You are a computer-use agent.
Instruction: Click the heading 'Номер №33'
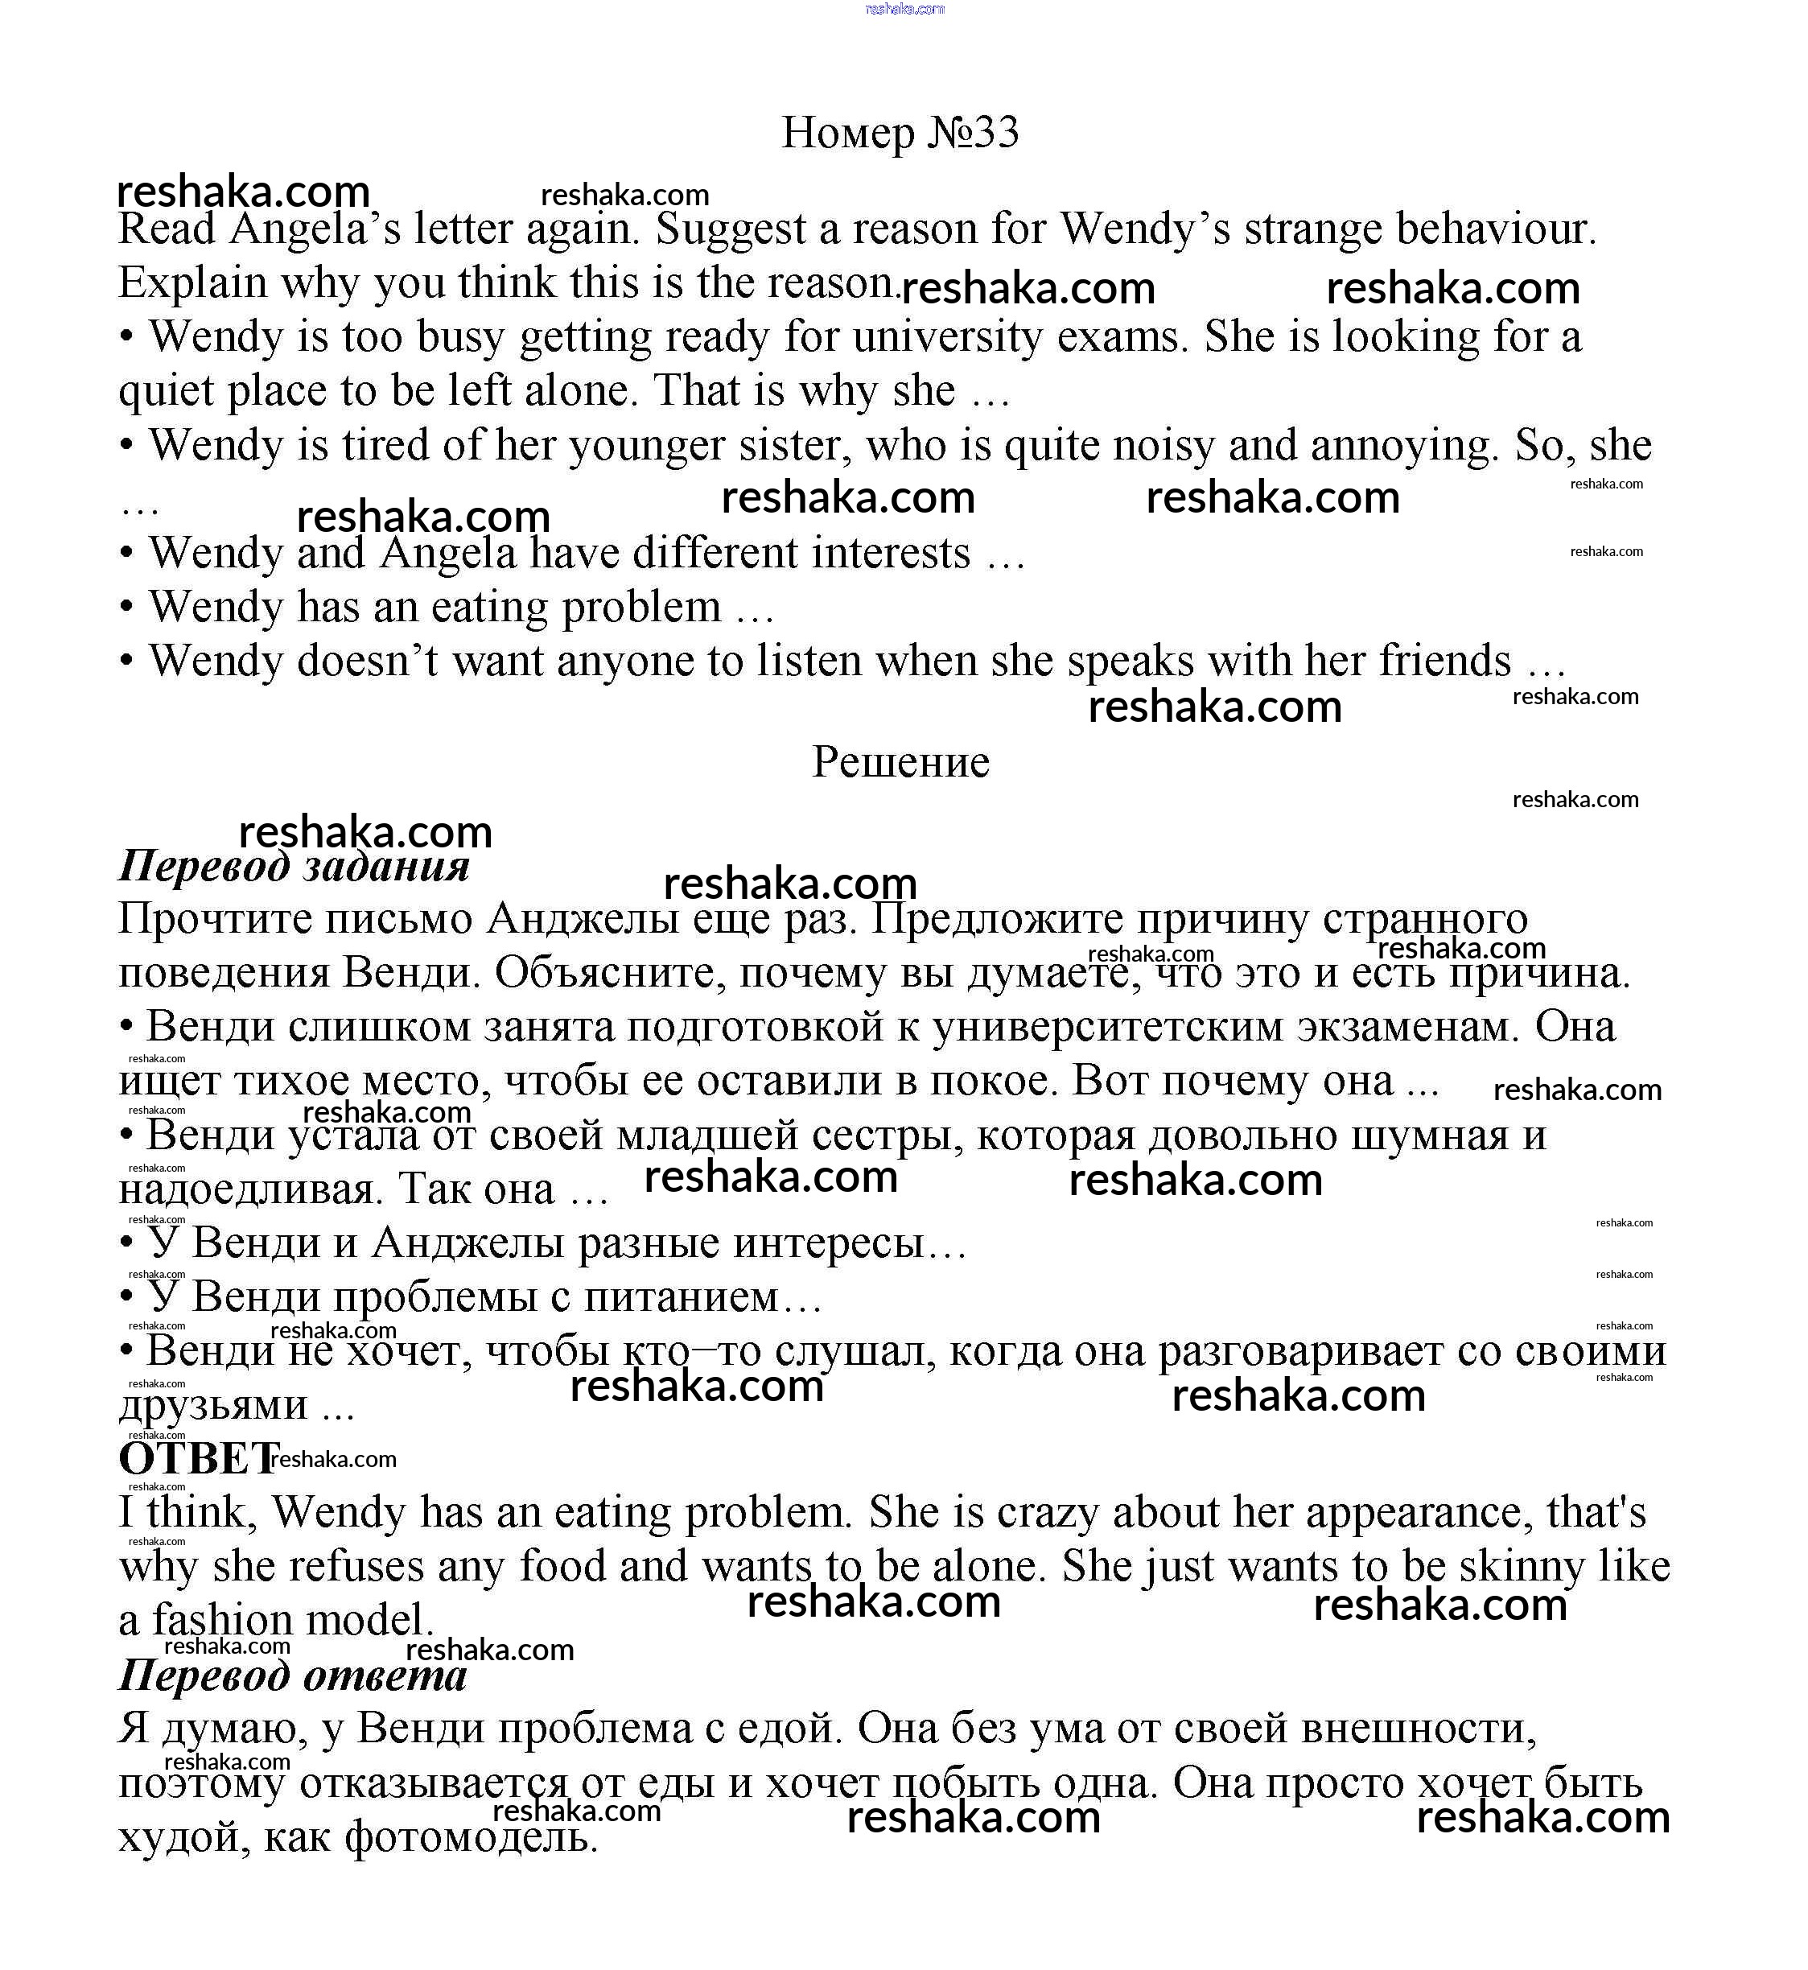pyautogui.click(x=900, y=132)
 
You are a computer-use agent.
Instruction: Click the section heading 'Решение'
pyautogui.click(x=900, y=762)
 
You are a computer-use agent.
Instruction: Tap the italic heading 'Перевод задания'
pyautogui.click(x=294, y=866)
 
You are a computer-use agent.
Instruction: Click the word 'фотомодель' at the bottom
pyautogui.click(x=471, y=1838)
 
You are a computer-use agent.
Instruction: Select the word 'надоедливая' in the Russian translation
pyautogui.click(x=245, y=1190)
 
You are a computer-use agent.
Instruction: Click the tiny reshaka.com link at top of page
pyautogui.click(x=904, y=9)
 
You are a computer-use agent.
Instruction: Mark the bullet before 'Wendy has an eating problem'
pyautogui.click(x=126, y=608)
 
